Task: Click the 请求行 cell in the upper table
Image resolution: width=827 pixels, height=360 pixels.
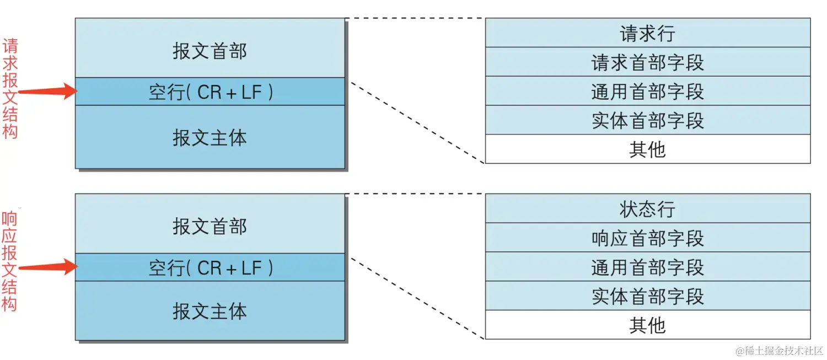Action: click(x=647, y=33)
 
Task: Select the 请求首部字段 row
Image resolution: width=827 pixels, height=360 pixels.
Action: click(x=647, y=62)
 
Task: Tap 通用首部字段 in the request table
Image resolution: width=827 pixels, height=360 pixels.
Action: click(x=647, y=91)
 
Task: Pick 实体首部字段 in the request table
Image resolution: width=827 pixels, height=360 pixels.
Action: click(x=647, y=120)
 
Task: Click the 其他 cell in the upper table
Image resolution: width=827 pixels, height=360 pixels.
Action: click(x=647, y=149)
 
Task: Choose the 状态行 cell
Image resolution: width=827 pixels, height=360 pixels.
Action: click(x=647, y=208)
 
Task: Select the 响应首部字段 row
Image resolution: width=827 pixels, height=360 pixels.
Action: click(x=647, y=238)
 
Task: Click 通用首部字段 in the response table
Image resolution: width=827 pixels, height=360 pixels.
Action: click(x=647, y=267)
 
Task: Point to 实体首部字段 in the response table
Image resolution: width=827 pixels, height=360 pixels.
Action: click(x=647, y=296)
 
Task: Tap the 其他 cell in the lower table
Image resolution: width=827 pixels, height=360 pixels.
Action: click(x=647, y=325)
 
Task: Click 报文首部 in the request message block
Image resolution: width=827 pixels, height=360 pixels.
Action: click(x=210, y=51)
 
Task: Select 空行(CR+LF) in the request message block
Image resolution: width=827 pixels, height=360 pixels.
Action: click(x=210, y=92)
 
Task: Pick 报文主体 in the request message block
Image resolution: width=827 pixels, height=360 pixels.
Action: click(x=210, y=137)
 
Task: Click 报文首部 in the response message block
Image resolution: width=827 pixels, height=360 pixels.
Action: click(x=210, y=226)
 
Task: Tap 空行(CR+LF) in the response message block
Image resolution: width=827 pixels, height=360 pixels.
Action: click(x=210, y=267)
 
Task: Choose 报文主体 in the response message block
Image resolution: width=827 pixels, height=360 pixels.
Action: click(x=210, y=311)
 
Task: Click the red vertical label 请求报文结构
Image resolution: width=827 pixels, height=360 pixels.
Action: click(x=10, y=88)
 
